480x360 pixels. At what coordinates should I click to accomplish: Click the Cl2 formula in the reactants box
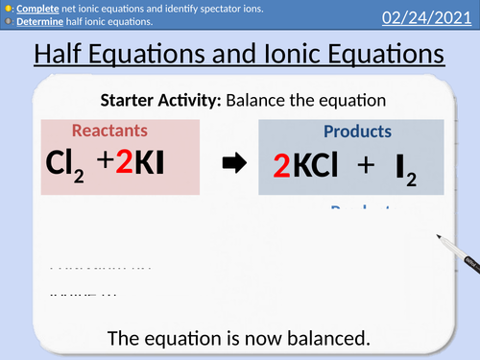pos(65,165)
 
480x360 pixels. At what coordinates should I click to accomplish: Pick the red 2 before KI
pos(124,164)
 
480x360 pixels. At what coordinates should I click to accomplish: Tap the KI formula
pos(150,164)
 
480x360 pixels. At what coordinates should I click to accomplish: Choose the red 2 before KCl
pos(280,167)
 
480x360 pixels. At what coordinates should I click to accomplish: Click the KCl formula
pos(315,167)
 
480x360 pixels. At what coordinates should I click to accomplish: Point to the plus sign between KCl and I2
pos(365,167)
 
